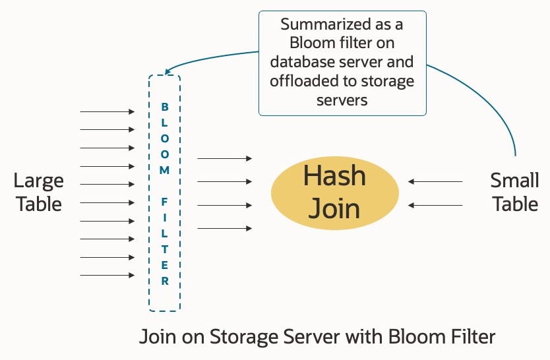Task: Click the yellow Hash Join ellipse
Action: [x=335, y=192]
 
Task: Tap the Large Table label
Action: [x=39, y=192]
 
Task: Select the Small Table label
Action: [x=514, y=192]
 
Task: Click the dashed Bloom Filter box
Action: [x=164, y=192]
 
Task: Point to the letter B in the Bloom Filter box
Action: [x=165, y=106]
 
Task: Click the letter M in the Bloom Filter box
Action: [x=165, y=169]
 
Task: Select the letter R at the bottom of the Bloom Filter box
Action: [x=165, y=281]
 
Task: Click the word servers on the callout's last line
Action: [x=342, y=100]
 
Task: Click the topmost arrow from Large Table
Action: [x=107, y=112]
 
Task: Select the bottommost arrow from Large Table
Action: [x=107, y=275]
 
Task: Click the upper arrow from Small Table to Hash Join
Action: [x=435, y=181]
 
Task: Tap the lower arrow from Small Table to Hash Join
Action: [x=435, y=205]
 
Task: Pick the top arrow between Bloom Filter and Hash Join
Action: [x=224, y=158]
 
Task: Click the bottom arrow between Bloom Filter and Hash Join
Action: [x=224, y=228]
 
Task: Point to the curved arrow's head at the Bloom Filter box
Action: [x=169, y=72]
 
